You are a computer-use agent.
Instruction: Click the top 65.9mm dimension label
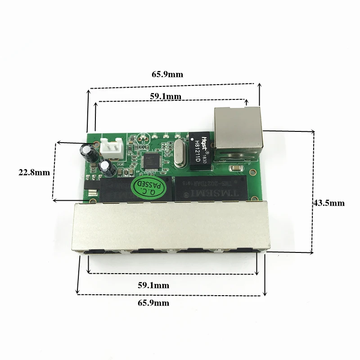tap(167, 75)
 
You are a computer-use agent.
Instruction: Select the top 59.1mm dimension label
tap(166, 96)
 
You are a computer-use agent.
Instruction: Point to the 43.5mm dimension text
tap(328, 203)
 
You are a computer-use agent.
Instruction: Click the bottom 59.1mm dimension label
tap(154, 285)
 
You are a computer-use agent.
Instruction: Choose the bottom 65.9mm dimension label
tap(153, 303)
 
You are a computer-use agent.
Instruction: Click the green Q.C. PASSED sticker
tap(149, 186)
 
